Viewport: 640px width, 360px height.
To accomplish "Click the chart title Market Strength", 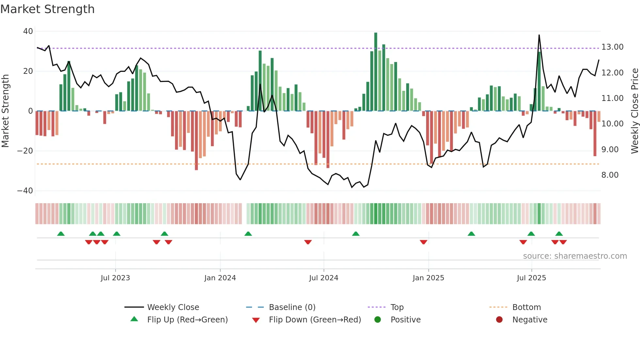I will tap(47, 9).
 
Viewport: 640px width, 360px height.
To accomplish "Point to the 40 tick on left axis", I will tap(28, 31).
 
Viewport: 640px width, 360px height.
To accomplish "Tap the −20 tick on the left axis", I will tap(25, 151).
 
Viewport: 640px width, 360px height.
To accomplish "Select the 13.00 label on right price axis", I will tap(612, 47).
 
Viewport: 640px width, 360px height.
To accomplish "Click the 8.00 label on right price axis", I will tap(610, 175).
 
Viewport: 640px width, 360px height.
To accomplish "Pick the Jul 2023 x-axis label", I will tap(115, 278).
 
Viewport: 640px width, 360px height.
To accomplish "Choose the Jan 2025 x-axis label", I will tap(428, 278).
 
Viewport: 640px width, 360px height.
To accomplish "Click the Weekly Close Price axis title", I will tap(634, 111).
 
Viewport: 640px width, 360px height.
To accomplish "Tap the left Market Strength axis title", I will tap(5, 111).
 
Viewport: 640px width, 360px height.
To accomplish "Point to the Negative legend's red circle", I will tap(499, 320).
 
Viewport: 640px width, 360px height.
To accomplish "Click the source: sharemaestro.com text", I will tap(575, 256).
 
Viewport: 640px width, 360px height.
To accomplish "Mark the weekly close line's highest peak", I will tap(539, 35).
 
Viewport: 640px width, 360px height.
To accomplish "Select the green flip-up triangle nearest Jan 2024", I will tap(248, 234).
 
